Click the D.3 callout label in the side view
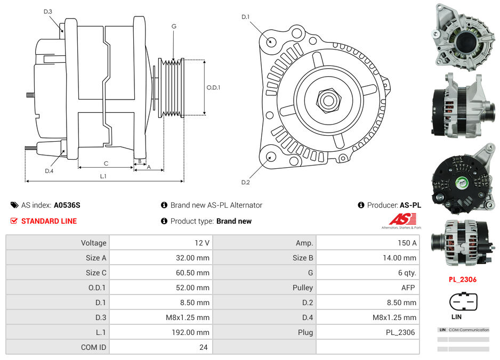click(x=47, y=11)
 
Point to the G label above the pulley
click(x=174, y=26)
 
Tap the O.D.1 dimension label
click(x=213, y=87)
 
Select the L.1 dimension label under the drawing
click(x=103, y=176)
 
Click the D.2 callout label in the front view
click(x=245, y=183)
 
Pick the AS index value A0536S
click(x=67, y=205)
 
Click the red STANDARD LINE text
click(x=49, y=221)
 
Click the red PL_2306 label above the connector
click(x=462, y=279)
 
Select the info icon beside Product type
click(x=164, y=221)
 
